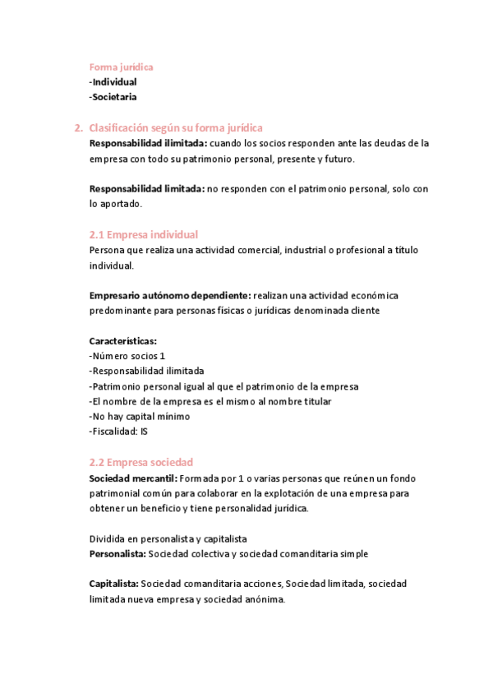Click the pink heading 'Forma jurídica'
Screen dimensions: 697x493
(x=121, y=67)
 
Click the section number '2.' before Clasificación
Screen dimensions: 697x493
(x=78, y=127)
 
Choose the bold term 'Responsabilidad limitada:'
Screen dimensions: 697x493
(x=146, y=189)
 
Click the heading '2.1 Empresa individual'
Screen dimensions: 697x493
(x=143, y=235)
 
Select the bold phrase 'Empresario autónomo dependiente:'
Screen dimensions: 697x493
(x=170, y=295)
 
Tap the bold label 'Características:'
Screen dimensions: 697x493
(x=123, y=341)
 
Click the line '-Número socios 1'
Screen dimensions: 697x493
(x=127, y=356)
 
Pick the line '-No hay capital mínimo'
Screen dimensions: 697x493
(x=139, y=417)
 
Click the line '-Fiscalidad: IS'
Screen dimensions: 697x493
(x=118, y=432)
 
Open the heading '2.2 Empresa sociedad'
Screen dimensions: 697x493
(x=141, y=462)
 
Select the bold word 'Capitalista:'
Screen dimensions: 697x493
(x=114, y=584)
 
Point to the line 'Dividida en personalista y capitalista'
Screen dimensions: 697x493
(x=168, y=538)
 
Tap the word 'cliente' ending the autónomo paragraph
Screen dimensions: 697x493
(x=365, y=311)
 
